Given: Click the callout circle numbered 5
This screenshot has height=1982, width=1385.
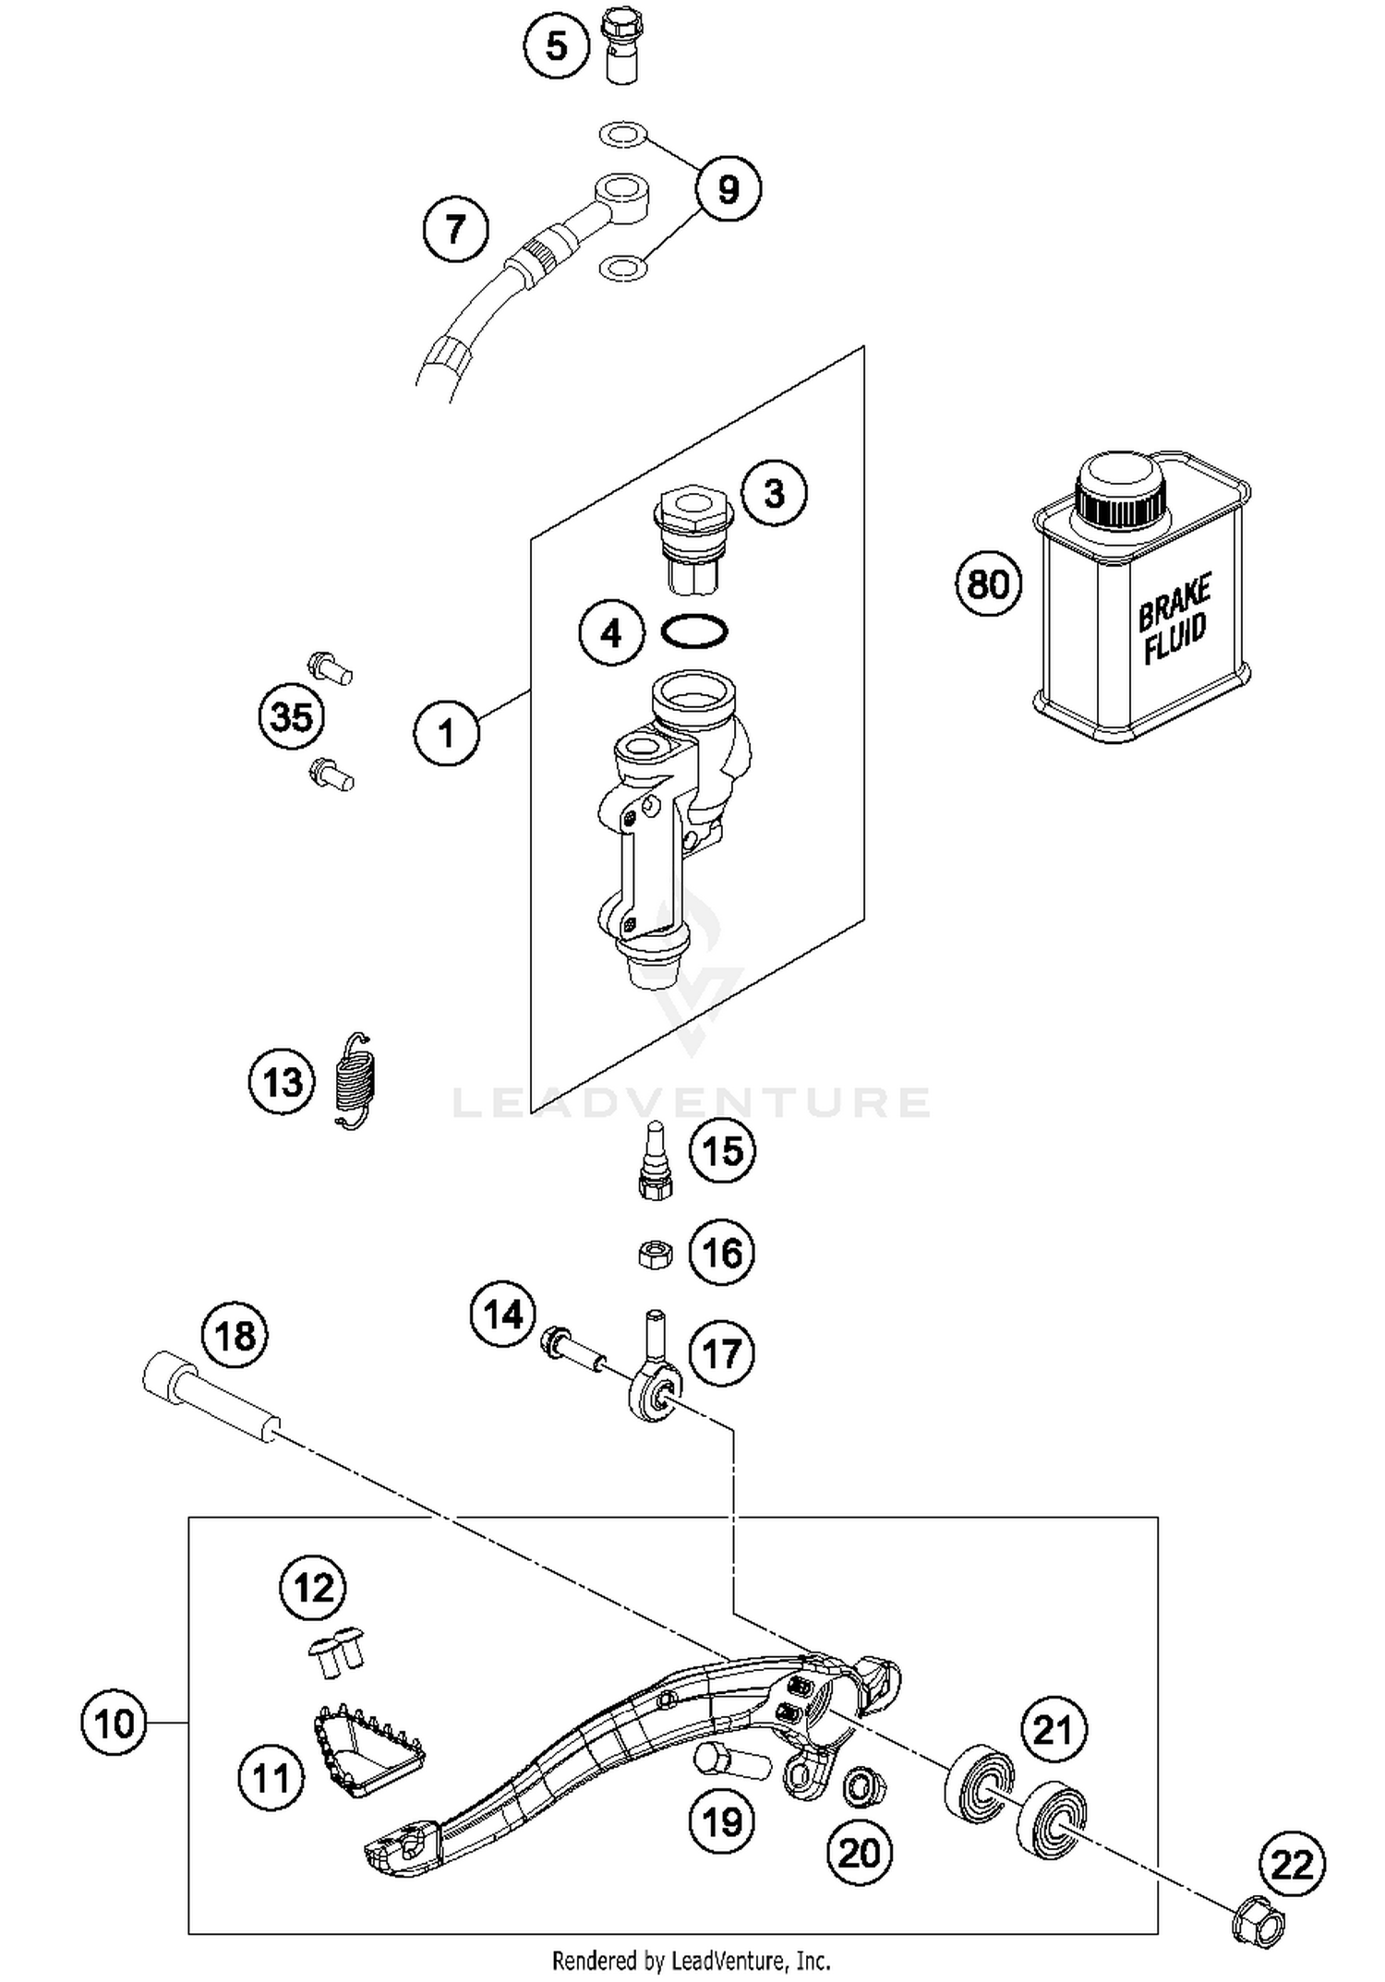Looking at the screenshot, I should click(557, 44).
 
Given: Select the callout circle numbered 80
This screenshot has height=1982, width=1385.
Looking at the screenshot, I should click(988, 584).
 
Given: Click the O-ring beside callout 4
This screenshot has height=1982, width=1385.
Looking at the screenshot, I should click(694, 631).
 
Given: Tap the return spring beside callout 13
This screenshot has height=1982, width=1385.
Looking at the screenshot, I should click(355, 1080).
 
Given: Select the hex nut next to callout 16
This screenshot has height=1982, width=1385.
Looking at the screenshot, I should click(655, 1254).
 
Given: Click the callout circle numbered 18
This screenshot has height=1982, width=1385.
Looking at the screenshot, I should click(235, 1336).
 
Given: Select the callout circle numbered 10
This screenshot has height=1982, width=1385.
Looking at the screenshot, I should click(114, 1724).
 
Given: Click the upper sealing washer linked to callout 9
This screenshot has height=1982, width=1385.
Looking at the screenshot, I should click(622, 136).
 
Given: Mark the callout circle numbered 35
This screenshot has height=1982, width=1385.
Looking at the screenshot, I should click(292, 716).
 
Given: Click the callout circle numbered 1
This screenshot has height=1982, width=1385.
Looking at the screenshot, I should click(447, 734).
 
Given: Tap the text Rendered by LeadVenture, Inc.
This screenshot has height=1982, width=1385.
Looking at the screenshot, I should click(691, 1959).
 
